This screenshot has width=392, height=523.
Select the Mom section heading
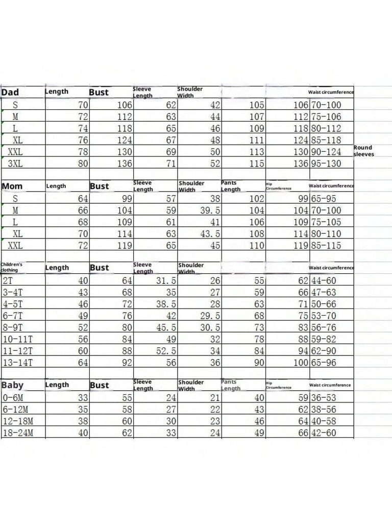12,186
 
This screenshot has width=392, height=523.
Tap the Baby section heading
13,385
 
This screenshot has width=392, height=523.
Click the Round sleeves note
363,151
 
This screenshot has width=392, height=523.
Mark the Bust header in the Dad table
99,92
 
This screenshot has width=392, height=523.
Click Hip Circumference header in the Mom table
279,186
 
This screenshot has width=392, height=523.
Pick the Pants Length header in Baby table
231,385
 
